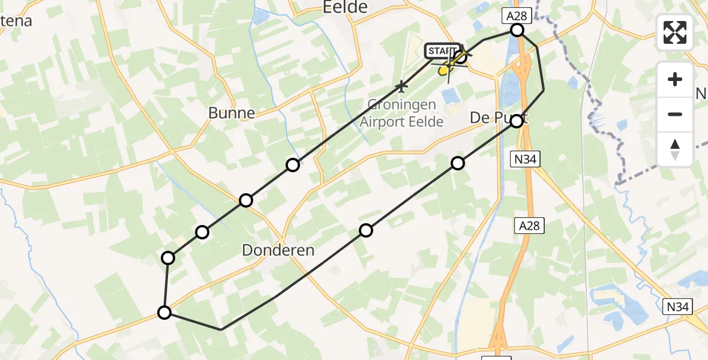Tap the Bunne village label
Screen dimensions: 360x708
pos(231,113)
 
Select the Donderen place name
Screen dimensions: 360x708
pos(278,250)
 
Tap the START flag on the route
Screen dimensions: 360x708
pos(443,51)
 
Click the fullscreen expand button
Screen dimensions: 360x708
pos(675,32)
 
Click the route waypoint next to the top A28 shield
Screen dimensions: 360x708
pos(517,30)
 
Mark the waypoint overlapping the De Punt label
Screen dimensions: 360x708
pos(517,121)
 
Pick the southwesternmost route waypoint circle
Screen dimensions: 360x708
pos(164,312)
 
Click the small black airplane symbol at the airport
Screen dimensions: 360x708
pos(401,88)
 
